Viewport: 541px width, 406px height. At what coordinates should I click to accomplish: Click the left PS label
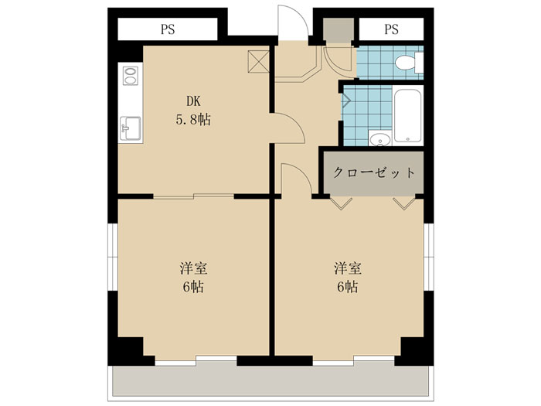168,29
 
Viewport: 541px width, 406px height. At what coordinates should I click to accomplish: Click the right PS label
391,29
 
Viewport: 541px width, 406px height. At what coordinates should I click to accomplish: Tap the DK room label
193,101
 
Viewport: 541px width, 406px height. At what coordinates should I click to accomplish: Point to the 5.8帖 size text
193,119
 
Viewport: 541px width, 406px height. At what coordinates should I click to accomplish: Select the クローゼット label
373,172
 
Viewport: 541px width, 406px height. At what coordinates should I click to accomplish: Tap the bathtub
407,116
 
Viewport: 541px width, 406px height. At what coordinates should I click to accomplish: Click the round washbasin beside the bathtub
380,139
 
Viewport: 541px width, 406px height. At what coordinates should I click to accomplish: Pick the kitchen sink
130,128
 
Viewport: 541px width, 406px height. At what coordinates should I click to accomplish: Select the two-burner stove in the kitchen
131,76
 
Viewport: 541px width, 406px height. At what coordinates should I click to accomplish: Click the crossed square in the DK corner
258,61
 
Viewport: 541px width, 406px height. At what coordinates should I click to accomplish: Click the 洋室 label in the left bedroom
193,268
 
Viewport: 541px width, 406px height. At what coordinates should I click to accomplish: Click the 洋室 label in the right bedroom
348,268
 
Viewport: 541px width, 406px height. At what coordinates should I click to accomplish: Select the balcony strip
270,383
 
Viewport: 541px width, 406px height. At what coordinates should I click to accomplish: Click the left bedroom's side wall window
113,258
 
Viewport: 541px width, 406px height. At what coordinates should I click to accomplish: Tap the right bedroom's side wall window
428,258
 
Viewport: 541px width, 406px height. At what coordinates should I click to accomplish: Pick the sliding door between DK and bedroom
193,196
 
